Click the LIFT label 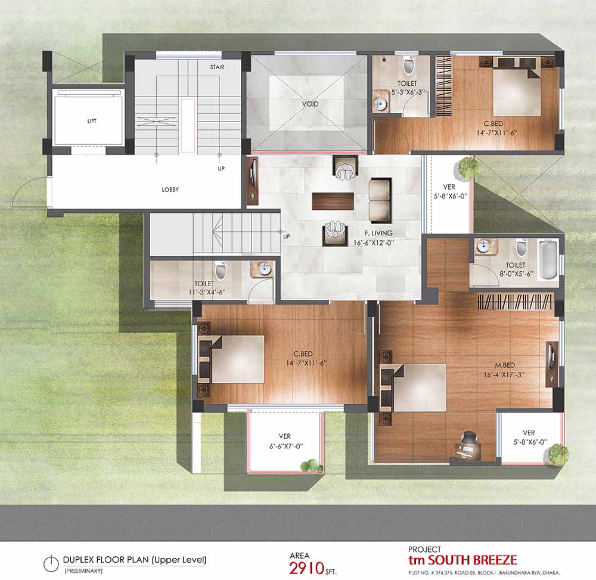coord(92,121)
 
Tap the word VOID coord(310,103)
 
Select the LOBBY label coord(170,190)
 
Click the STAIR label coord(217,67)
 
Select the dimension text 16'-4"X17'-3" coord(504,374)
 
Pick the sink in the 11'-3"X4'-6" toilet coord(263,269)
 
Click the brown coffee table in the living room coord(333,201)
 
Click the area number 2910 coord(306,568)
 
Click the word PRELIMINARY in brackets coord(83,571)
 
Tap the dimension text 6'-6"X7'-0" coord(286,446)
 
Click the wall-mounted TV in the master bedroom coord(550,355)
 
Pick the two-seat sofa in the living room coord(380,201)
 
